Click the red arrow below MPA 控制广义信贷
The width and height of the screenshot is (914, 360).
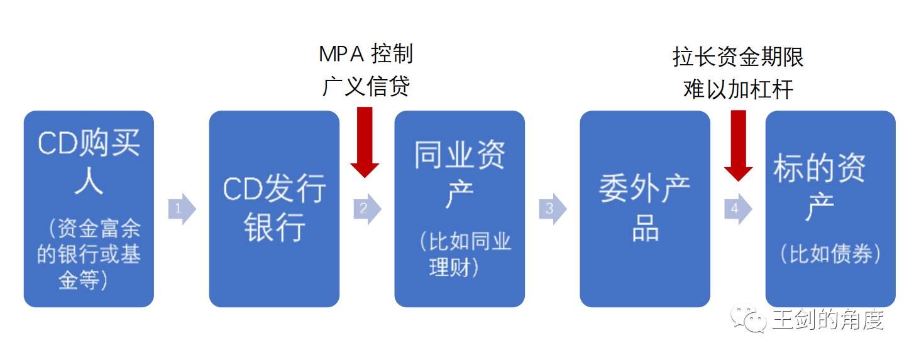[365, 142]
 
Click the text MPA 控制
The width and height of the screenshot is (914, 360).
[366, 54]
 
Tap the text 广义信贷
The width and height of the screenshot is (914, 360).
[366, 86]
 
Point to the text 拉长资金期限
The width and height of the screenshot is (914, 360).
[738, 57]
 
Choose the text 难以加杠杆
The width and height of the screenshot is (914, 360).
[738, 89]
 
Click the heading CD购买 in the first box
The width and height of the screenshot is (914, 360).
[89, 144]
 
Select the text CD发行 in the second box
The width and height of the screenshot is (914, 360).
[275, 189]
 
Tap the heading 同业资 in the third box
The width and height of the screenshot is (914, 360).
[460, 155]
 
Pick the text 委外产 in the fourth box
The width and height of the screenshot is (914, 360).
[644, 188]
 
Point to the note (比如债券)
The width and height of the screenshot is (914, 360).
[830, 254]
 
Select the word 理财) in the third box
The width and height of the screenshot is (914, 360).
[455, 267]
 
